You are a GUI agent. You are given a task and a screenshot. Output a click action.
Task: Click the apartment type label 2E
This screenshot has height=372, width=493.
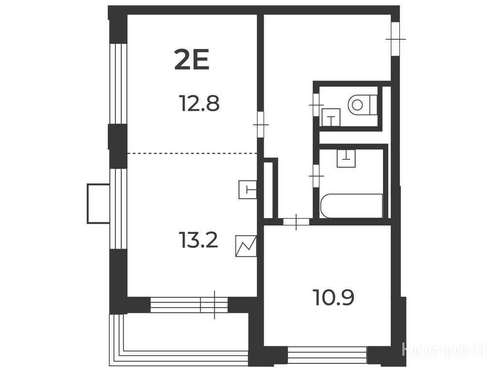pos(191,61)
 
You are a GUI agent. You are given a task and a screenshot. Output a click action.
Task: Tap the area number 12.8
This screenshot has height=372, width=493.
pos(199,103)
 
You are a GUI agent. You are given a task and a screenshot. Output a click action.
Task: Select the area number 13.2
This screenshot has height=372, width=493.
pos(198,240)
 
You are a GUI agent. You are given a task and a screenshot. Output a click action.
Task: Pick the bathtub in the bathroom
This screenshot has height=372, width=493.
pos(351,206)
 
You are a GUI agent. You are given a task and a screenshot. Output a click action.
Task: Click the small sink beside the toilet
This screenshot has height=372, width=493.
pos(331,117)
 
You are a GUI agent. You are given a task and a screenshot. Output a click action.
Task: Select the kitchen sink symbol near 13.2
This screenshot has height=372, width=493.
pos(248,190)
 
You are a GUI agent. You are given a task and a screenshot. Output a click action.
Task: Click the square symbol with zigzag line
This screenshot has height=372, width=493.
pos(246,246)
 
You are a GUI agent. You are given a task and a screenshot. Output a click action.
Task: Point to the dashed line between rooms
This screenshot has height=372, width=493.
pos(192,154)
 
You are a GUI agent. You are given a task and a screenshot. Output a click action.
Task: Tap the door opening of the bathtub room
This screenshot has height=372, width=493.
pos(316,176)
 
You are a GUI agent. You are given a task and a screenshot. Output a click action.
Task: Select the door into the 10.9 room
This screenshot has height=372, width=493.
pos(296,222)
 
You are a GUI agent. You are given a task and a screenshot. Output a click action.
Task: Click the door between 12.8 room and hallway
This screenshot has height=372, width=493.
pos(260,124)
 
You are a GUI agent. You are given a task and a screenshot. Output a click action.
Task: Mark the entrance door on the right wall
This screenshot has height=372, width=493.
pos(395,39)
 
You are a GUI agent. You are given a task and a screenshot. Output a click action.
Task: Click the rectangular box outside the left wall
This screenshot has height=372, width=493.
pos(98,203)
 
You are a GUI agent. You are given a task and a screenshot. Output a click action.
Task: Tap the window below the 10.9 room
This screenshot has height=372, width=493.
pos(327,355)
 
